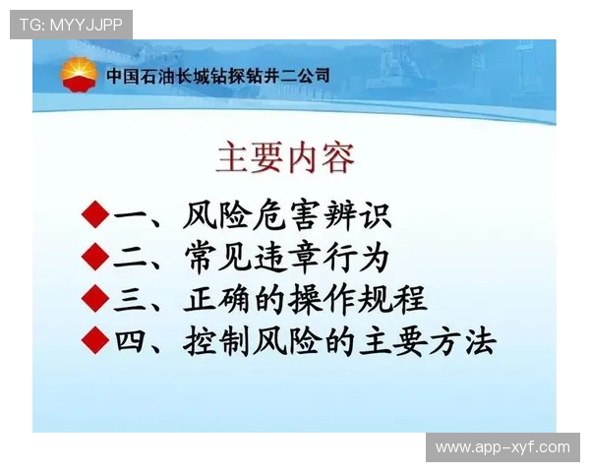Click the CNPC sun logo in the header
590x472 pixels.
coord(79,75)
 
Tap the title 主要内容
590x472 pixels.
coord(285,157)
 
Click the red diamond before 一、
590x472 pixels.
coord(94,214)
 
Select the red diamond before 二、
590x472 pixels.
coord(94,257)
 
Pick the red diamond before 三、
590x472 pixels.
coord(94,299)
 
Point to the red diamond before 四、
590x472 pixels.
coord(94,341)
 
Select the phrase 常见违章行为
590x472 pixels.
coord(287,257)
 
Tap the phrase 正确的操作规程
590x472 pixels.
coord(307,299)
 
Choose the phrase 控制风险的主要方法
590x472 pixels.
coord(339,341)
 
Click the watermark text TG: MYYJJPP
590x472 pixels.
coord(71,24)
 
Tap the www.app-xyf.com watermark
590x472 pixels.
coord(502,447)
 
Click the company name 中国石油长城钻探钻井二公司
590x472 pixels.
coord(218,75)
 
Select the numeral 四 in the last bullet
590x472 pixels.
coord(130,341)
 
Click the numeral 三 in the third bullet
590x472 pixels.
coord(130,299)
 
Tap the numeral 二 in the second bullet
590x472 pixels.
coord(130,257)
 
